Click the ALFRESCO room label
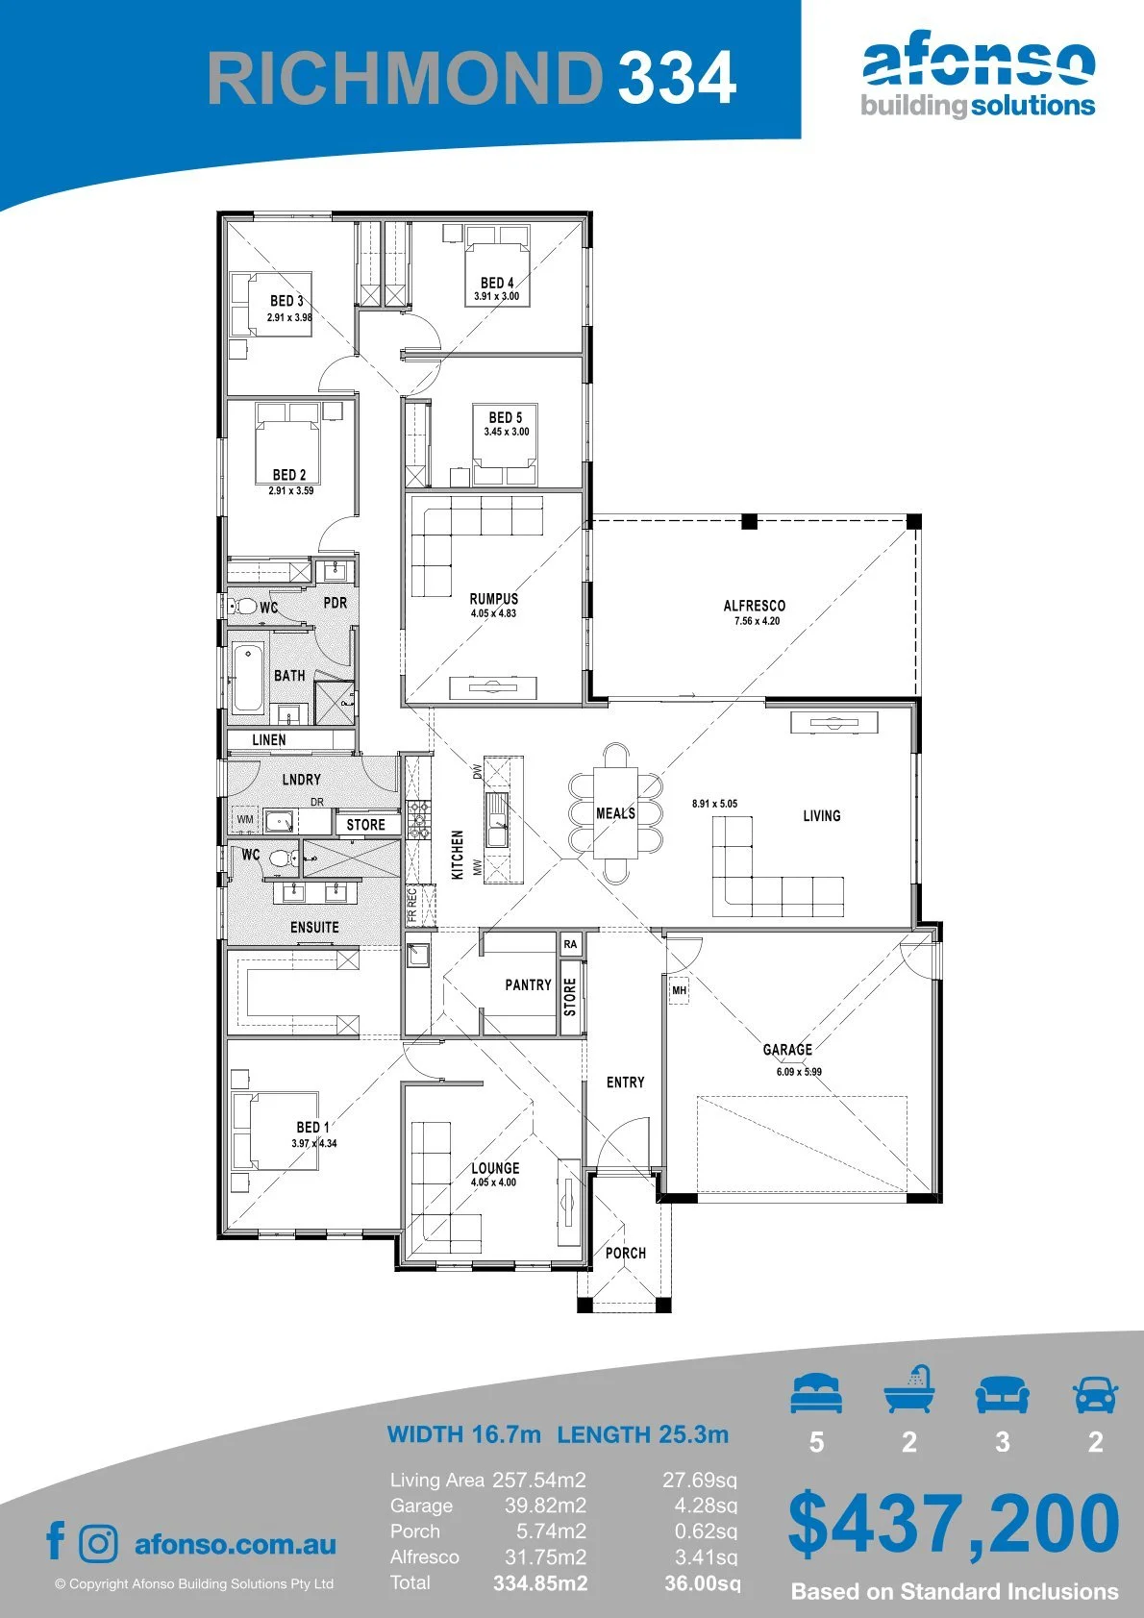(x=754, y=606)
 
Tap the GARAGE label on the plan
(x=787, y=1050)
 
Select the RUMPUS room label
(x=494, y=599)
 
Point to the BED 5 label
(x=506, y=417)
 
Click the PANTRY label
(x=528, y=984)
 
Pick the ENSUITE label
(x=314, y=927)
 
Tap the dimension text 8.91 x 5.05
(x=714, y=803)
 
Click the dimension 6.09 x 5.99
(x=799, y=1071)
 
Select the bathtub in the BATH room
(x=248, y=678)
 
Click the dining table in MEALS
(x=615, y=812)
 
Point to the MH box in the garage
(x=679, y=990)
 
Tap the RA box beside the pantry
(x=570, y=944)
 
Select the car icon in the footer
(x=1096, y=1393)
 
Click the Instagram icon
(x=98, y=1543)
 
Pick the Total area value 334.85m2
(x=540, y=1582)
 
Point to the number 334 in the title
(x=677, y=77)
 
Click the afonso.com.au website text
(x=236, y=1544)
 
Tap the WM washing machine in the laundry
(x=245, y=819)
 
